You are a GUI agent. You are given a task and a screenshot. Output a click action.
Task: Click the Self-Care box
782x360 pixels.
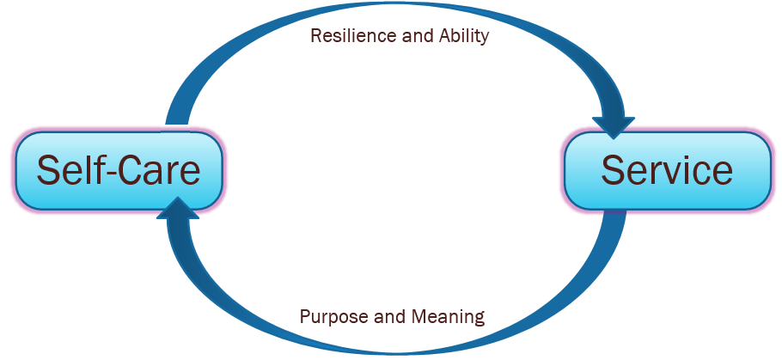click(119, 170)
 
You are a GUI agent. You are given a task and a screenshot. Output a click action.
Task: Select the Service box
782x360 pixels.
click(667, 170)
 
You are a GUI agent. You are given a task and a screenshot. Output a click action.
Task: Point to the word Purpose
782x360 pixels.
click(333, 316)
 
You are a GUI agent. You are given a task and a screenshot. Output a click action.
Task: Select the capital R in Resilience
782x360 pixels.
click(315, 37)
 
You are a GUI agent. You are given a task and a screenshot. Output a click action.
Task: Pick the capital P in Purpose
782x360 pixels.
click(305, 316)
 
